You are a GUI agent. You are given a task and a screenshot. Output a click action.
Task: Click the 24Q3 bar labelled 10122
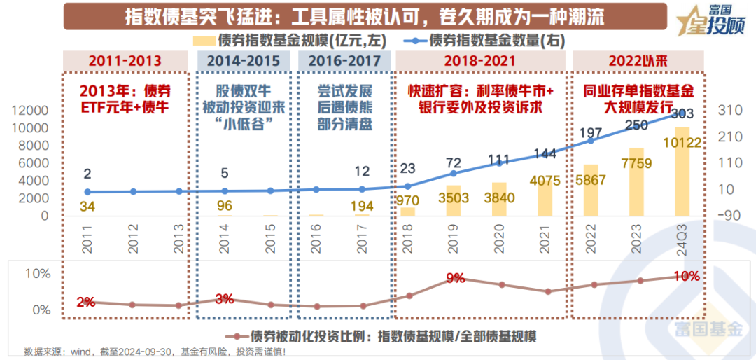682,172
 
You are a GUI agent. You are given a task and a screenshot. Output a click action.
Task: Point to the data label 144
545,154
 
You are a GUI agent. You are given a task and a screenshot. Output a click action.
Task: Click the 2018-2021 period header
479,61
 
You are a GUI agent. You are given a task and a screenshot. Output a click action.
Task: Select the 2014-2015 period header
243,61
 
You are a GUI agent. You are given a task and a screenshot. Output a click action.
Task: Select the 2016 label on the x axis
316,235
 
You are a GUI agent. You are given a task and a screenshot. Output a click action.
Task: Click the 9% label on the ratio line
455,278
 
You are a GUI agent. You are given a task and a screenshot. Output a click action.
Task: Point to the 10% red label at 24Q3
686,277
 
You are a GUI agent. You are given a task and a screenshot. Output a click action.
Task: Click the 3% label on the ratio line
224,299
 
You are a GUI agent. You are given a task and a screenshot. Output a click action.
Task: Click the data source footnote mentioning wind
154,351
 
